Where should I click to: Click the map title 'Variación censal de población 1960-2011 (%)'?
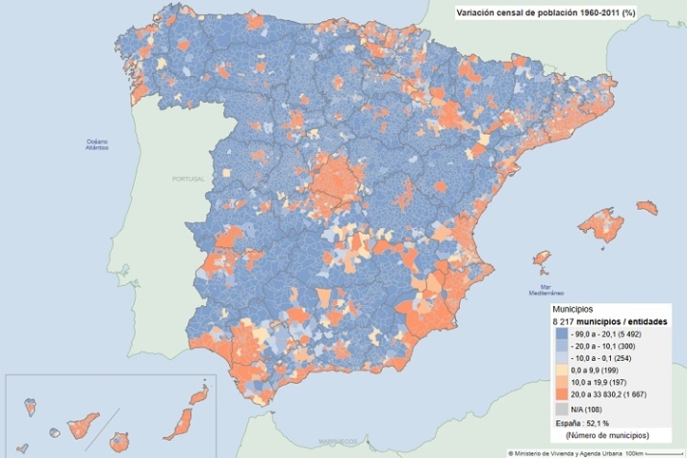(547, 13)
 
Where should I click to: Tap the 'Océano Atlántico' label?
(97, 145)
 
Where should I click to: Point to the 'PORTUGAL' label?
(189, 180)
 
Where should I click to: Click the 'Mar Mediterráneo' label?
(551, 290)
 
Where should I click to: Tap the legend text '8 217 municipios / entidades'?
(611, 320)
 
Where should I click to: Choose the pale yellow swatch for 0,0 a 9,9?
(561, 369)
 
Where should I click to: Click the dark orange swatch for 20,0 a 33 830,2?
(561, 394)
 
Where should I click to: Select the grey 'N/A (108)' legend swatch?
(561, 409)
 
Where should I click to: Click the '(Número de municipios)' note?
(603, 436)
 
